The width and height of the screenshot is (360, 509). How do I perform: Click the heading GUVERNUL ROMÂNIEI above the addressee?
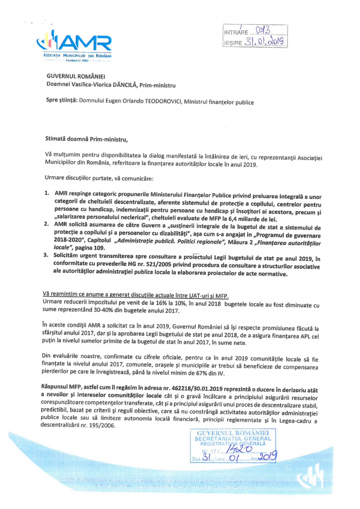[x=76, y=76]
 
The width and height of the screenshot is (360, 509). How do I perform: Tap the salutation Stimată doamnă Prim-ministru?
[x=86, y=139]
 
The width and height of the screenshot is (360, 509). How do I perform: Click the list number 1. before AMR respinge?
[x=46, y=193]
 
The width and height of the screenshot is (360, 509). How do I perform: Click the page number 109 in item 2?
[x=98, y=248]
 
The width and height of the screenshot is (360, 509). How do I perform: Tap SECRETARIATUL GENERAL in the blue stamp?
[x=233, y=438]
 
